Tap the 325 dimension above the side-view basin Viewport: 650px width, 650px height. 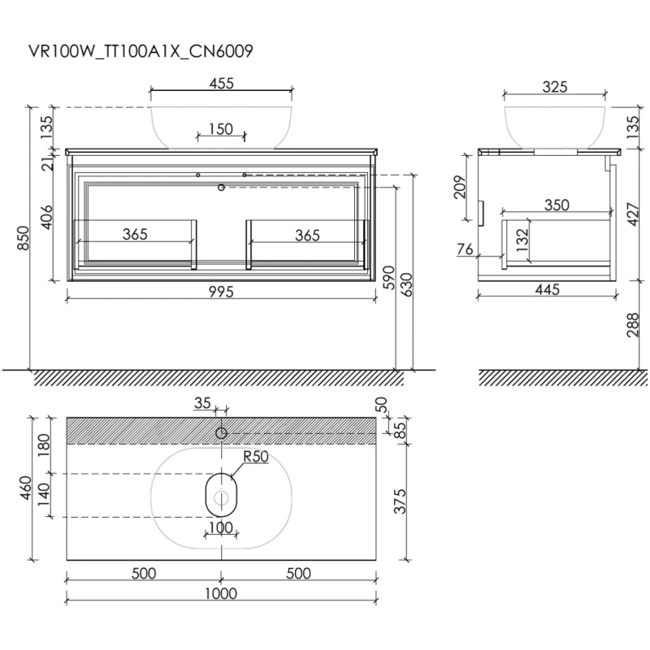tap(555, 86)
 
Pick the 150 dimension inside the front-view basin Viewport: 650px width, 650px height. tap(219, 128)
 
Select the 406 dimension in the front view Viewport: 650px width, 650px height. tap(47, 216)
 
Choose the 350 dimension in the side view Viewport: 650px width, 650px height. tap(557, 205)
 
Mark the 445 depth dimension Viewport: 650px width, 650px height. tap(552, 293)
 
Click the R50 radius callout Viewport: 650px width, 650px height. tap(256, 457)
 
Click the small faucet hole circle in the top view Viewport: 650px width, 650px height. tap(220, 433)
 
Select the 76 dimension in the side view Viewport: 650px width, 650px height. tap(465, 249)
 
